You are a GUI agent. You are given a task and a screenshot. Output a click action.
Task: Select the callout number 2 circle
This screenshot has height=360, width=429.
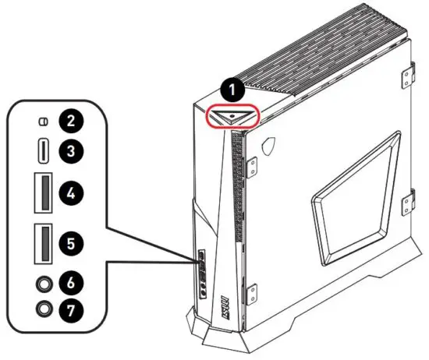[x=73, y=121]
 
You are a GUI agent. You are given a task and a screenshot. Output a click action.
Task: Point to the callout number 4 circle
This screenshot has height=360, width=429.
[x=73, y=191]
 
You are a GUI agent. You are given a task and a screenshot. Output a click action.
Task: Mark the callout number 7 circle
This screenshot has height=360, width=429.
[x=73, y=309]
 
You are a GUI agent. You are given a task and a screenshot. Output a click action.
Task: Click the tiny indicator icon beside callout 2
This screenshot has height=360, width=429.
[x=44, y=121]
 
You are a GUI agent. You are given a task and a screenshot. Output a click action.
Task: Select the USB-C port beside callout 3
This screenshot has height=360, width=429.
[x=44, y=150]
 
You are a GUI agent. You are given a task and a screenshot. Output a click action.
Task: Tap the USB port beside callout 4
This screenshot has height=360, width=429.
[x=44, y=192]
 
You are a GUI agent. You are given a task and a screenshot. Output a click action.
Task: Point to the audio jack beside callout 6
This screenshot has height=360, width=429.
[x=44, y=281]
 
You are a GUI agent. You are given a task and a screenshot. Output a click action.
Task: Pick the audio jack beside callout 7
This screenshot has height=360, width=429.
[x=44, y=309]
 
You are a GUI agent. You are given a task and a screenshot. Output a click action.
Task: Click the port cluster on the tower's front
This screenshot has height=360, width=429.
[x=202, y=274]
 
